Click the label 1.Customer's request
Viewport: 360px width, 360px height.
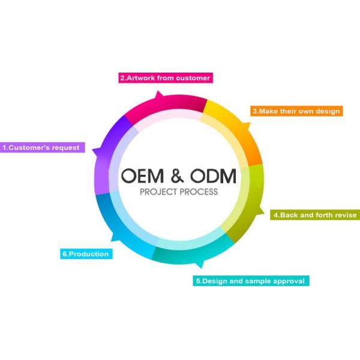[x=43, y=148]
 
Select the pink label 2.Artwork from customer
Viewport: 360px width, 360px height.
[x=166, y=78]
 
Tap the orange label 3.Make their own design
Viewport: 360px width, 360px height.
[x=296, y=111]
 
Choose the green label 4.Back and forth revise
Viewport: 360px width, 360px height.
[x=315, y=215]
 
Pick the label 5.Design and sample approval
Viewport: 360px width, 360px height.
[x=251, y=281]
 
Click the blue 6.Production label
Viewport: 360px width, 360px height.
[x=86, y=254]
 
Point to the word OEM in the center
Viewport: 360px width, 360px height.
[x=142, y=176]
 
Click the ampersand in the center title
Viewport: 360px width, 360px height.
[x=177, y=176]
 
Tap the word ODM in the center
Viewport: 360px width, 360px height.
[x=213, y=176]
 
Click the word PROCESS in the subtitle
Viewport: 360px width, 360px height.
[x=199, y=192]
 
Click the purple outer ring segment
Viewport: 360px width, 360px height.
[x=104, y=156]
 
